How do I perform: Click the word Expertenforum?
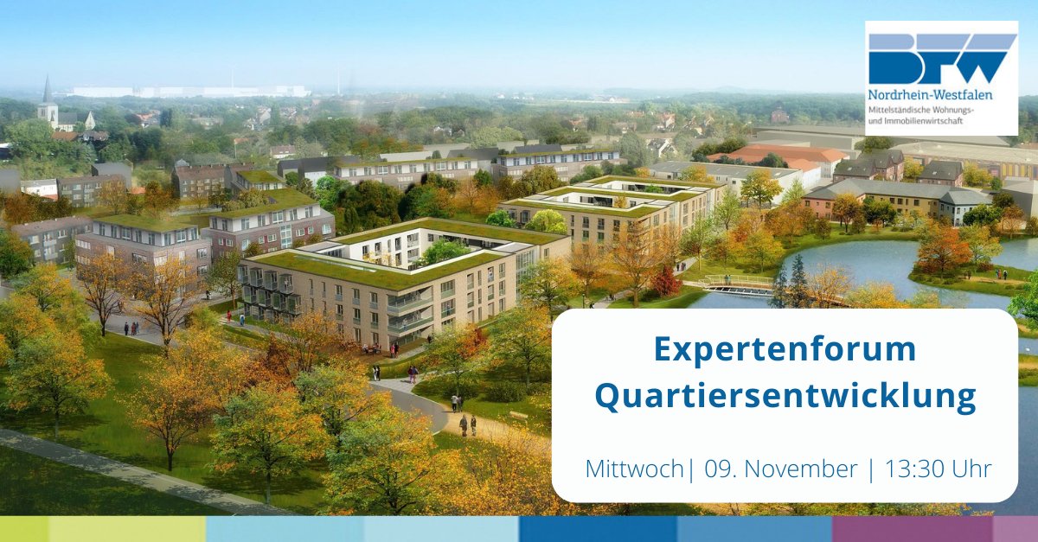[785, 350]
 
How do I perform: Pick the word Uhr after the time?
[971, 469]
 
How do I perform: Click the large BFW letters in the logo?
[941, 59]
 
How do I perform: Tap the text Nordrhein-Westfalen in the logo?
[930, 94]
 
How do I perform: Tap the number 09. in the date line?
[722, 469]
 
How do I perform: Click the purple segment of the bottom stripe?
[913, 529]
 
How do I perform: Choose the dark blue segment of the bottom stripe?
[598, 529]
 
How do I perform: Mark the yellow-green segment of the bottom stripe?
[126, 529]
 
